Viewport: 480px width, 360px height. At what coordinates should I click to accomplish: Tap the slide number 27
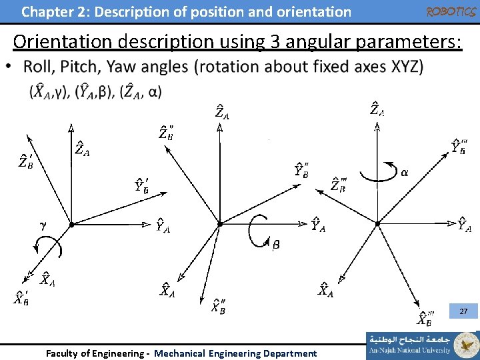click(464, 311)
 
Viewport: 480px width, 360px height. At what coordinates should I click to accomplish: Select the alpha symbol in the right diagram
click(405, 172)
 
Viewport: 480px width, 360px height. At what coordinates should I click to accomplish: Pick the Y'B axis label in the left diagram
click(142, 185)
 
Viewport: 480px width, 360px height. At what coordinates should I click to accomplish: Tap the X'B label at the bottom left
click(21, 298)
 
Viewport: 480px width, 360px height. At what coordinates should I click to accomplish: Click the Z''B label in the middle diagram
click(167, 132)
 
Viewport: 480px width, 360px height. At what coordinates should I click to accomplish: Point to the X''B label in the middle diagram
click(219, 306)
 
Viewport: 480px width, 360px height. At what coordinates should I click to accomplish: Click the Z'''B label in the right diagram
click(339, 184)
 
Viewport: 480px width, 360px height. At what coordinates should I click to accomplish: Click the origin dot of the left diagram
click(71, 225)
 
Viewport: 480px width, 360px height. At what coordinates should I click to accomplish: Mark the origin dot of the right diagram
click(377, 224)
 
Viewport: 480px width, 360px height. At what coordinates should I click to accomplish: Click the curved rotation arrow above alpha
click(377, 171)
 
